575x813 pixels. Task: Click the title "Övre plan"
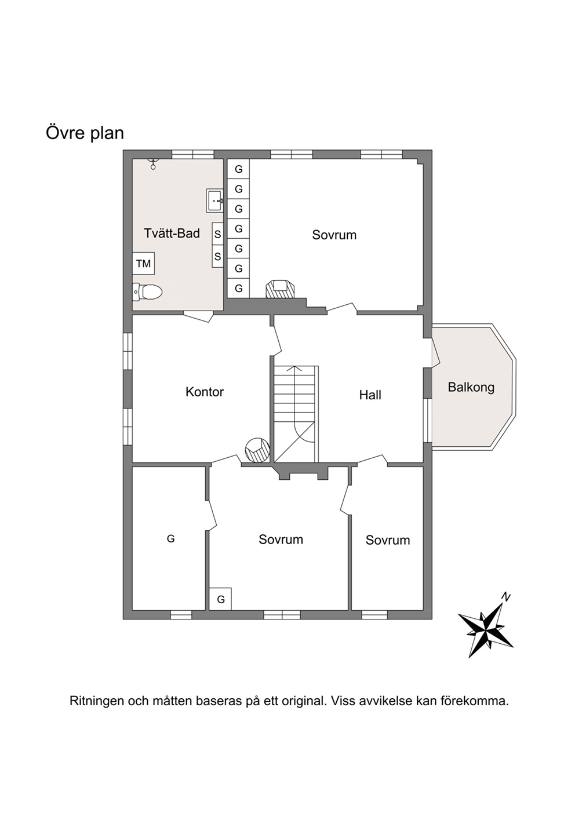(85, 133)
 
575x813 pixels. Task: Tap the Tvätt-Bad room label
(172, 233)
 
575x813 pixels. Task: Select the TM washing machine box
(143, 263)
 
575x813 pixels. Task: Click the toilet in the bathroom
(147, 291)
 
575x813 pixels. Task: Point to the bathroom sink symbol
(214, 200)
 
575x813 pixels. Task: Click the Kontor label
(205, 392)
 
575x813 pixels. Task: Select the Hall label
(370, 395)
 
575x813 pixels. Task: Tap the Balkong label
(471, 387)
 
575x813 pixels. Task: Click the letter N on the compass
(505, 596)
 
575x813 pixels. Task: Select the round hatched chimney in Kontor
(257, 450)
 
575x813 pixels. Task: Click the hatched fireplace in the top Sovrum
(280, 289)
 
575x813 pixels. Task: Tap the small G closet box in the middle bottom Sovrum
(220, 599)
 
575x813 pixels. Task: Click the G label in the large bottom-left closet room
(170, 538)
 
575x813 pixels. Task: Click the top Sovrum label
(334, 235)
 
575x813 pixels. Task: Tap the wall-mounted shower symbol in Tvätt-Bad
(154, 163)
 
